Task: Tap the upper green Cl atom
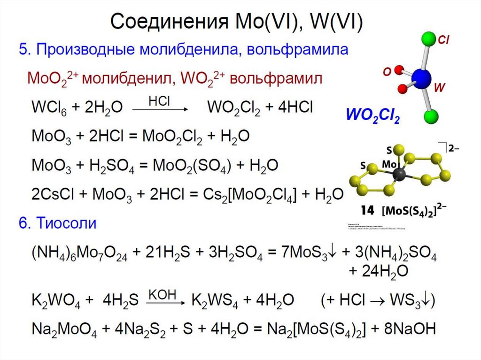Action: point(429,38)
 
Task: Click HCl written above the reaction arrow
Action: point(160,101)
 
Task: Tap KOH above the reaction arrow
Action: point(162,294)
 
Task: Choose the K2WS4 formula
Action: point(210,301)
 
